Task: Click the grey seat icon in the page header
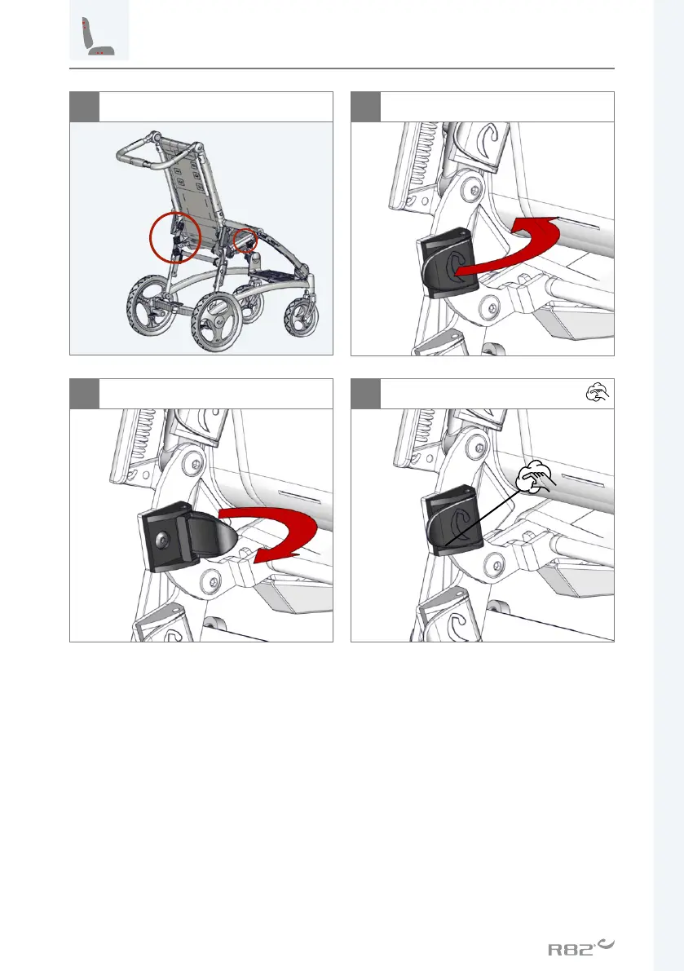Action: click(x=99, y=30)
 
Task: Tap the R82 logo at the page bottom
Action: click(x=581, y=947)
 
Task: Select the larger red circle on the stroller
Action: click(x=176, y=237)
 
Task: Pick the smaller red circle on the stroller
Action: click(x=245, y=241)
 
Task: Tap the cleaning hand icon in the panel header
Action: click(x=598, y=393)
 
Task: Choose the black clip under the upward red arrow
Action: click(x=448, y=263)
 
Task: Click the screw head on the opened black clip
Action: click(x=163, y=541)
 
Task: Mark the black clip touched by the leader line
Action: click(x=452, y=520)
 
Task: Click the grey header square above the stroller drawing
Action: click(x=84, y=107)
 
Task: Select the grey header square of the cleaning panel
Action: click(x=365, y=393)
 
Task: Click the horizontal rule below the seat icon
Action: click(x=342, y=68)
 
